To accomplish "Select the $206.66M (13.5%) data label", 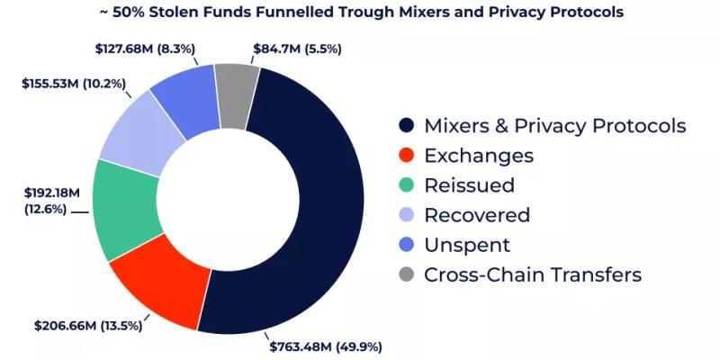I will pos(87,324).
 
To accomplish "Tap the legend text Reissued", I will pos(469,185).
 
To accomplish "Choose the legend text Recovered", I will pos(476,215).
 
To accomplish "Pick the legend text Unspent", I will pos(466,245).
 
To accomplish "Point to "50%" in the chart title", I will pos(124,13).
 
